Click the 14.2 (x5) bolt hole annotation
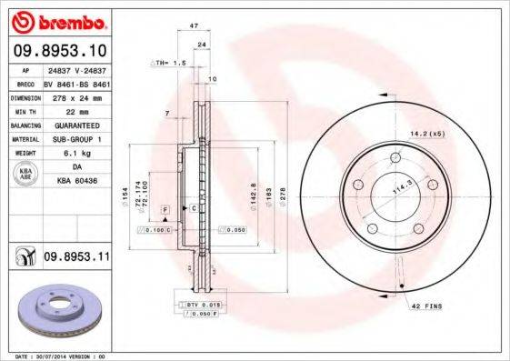coord(426,134)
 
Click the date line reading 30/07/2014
coord(62,356)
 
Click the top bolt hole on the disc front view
coord(395,160)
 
